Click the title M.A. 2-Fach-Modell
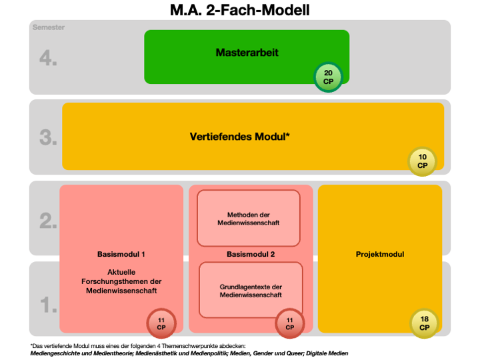pyautogui.click(x=239, y=10)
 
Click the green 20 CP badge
pyautogui.click(x=329, y=77)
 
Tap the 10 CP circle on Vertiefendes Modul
pyautogui.click(x=423, y=161)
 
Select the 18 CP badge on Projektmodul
pyautogui.click(x=425, y=323)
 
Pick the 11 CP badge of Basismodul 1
pyautogui.click(x=161, y=324)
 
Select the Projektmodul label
pyautogui.click(x=379, y=254)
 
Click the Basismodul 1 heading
pyautogui.click(x=121, y=254)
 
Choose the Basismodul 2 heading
pyautogui.click(x=251, y=254)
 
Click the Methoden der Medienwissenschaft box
pyautogui.click(x=248, y=218)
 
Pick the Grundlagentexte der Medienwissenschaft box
pyautogui.click(x=251, y=291)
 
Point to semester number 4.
pyautogui.click(x=47, y=58)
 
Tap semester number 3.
pyautogui.click(x=47, y=138)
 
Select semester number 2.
pyautogui.click(x=47, y=221)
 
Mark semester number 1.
pyautogui.click(x=47, y=305)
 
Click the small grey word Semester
pyautogui.click(x=48, y=27)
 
